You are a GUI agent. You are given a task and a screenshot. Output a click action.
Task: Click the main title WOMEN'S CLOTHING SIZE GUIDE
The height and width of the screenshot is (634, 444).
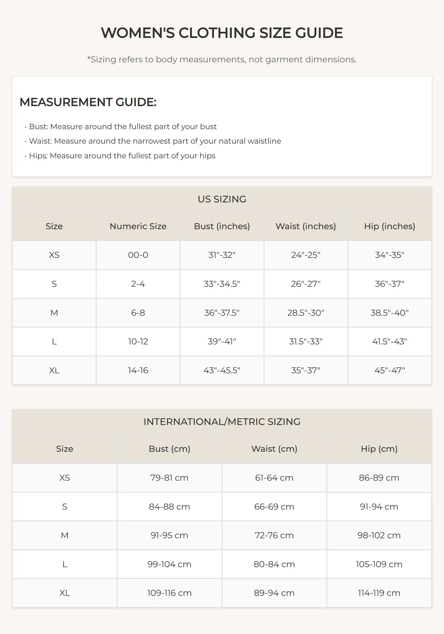click(x=222, y=33)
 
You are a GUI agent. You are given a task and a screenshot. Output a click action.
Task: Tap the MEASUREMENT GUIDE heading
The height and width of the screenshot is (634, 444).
click(x=88, y=102)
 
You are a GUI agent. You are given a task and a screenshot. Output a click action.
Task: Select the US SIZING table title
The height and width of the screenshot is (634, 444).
click(x=222, y=199)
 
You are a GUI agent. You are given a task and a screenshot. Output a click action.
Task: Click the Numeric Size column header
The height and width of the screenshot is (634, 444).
click(x=138, y=226)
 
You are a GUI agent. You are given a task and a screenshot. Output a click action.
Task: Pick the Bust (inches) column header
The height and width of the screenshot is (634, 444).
click(x=222, y=226)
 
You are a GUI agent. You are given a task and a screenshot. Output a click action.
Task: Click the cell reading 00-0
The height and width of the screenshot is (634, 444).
click(x=138, y=255)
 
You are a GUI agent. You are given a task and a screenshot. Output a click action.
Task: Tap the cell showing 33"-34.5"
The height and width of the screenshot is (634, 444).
click(x=222, y=284)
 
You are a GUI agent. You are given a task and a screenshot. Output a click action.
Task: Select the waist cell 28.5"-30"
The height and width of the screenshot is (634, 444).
click(x=306, y=313)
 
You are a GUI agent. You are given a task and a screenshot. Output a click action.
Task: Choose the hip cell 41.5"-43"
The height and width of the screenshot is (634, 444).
click(x=389, y=341)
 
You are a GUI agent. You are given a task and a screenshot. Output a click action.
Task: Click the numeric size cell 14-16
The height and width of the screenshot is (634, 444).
click(x=138, y=370)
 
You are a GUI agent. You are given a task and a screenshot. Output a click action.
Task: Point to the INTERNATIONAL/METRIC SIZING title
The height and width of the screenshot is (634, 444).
click(x=222, y=422)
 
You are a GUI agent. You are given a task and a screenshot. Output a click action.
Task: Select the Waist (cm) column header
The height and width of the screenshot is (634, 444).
click(x=274, y=449)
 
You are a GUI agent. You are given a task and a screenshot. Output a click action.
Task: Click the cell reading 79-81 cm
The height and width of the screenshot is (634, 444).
click(x=169, y=478)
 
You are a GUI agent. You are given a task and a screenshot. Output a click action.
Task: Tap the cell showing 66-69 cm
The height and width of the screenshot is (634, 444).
click(x=274, y=506)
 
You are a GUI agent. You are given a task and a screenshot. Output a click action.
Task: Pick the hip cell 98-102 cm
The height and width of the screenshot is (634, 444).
click(x=379, y=535)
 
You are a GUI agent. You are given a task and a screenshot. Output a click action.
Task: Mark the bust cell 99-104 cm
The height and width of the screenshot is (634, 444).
click(x=169, y=564)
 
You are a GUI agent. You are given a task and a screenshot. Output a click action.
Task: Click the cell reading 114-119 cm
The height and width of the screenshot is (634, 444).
click(x=379, y=593)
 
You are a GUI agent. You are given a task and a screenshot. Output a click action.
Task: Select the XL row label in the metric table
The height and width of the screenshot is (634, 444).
click(x=65, y=593)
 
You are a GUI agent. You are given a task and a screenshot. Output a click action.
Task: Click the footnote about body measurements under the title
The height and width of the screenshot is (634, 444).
click(x=222, y=59)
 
